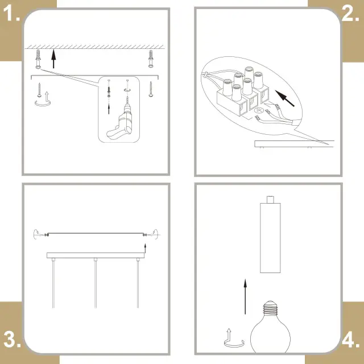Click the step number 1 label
coord(11,13)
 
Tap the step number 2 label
coord(350,13)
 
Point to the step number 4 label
coord(350,340)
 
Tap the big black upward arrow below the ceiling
coord(53,59)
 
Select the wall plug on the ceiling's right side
coord(151,59)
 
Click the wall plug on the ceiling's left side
coord(38,59)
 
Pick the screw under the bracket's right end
coord(151,89)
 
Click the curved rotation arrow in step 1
coord(43,105)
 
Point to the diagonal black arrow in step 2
coord(284,98)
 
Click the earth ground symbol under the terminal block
coord(259,111)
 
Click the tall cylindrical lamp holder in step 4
coord(270,234)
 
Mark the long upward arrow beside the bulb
coord(245,297)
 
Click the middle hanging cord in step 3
coord(96,283)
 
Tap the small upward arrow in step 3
coord(146,248)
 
